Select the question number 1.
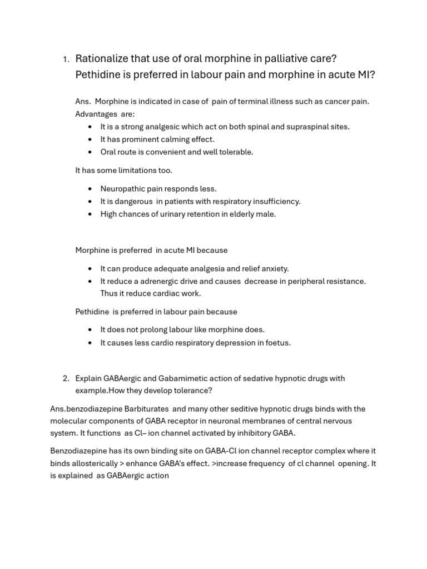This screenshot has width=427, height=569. [65, 59]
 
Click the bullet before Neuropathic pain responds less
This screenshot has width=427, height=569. [91, 189]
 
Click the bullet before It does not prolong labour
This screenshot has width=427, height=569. [91, 330]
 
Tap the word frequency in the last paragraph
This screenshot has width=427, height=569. [267, 463]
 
